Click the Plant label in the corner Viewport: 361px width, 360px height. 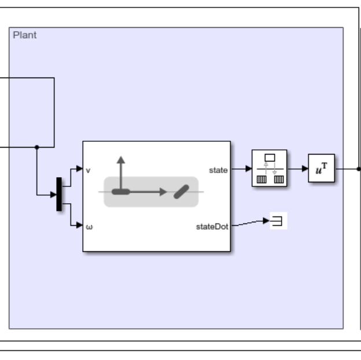pos(24,35)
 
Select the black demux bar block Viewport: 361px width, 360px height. pos(59,194)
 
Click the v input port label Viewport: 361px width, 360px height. pos(88,170)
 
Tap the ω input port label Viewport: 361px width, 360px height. pos(89,226)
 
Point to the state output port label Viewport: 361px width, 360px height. pos(218,170)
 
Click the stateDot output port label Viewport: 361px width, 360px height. pos(212,226)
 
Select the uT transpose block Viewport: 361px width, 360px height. pos(321,168)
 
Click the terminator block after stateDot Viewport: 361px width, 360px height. pos(278,221)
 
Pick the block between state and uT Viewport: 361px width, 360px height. pos(269,168)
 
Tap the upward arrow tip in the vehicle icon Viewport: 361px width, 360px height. pos(120,158)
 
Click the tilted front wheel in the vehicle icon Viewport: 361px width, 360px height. pos(181,192)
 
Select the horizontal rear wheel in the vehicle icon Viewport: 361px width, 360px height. pos(120,192)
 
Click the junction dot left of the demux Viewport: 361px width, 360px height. pos(36,147)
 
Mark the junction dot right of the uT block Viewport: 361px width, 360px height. pos(358,169)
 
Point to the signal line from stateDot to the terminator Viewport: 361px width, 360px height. pos(249,223)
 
